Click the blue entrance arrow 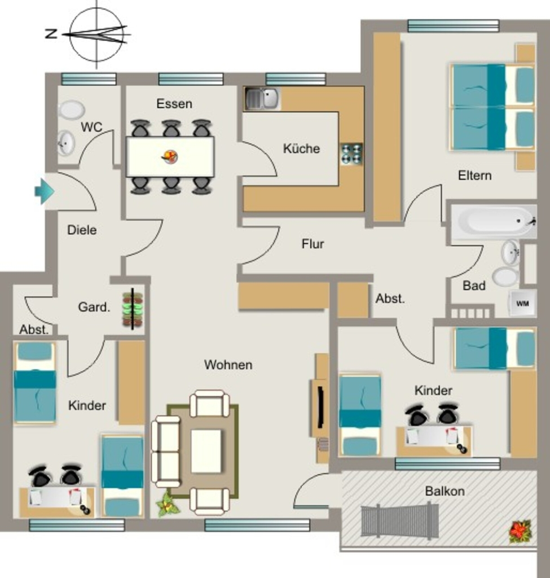[45, 191]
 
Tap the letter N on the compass [51, 34]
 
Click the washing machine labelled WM [522, 303]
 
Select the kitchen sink [262, 98]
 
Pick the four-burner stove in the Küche [352, 154]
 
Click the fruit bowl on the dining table [170, 157]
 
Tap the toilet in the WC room [72, 110]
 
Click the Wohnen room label [228, 365]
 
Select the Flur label [313, 244]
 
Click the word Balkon [445, 491]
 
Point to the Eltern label [474, 176]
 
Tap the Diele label [82, 230]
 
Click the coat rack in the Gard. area [133, 309]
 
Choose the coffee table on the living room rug [206, 451]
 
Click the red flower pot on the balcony [520, 532]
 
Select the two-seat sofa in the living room [166, 452]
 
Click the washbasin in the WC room [67, 143]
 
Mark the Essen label [174, 104]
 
